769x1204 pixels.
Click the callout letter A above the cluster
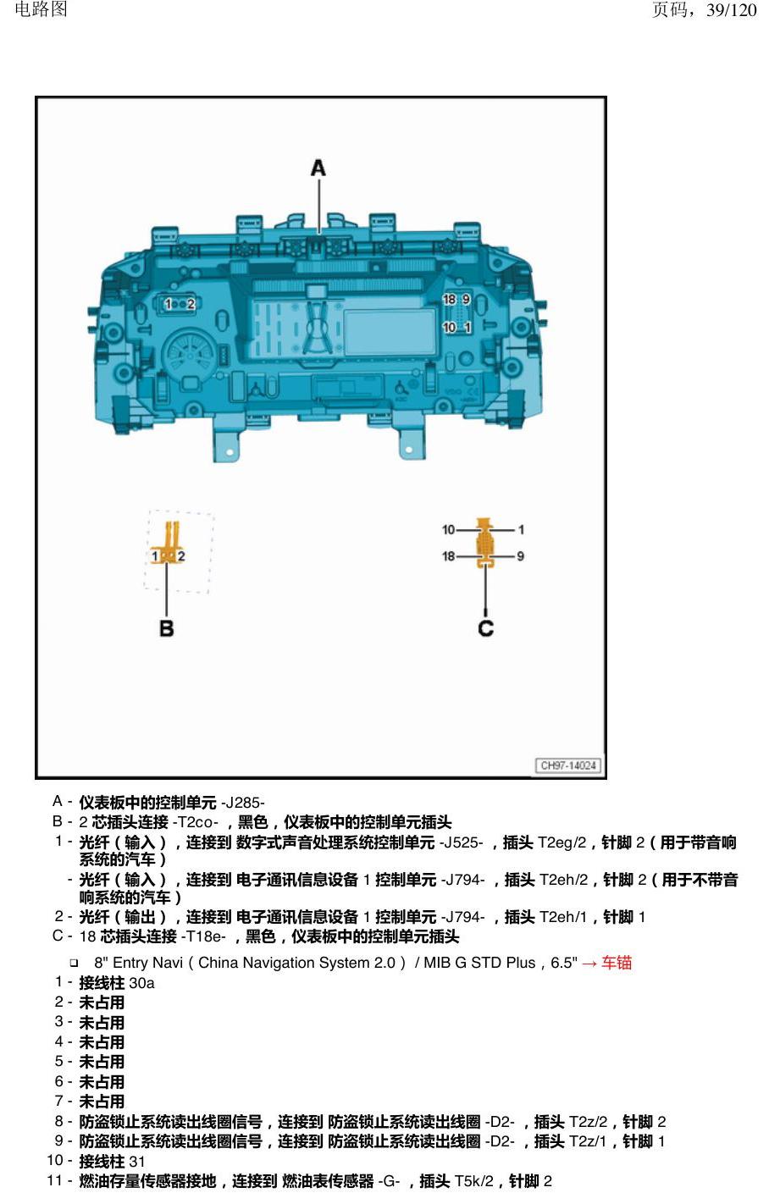[318, 168]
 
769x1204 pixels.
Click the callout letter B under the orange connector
[166, 627]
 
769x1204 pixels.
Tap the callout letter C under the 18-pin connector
[485, 627]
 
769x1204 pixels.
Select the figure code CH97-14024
[568, 765]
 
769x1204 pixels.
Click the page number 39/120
[732, 9]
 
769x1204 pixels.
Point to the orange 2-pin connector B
[169, 543]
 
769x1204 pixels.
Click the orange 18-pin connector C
[485, 543]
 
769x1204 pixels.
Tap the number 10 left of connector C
[448, 530]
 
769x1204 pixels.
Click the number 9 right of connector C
[520, 556]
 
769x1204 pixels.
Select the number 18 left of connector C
[449, 556]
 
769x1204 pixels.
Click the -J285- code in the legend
[242, 803]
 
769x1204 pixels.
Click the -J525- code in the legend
[461, 842]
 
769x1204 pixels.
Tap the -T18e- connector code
[203, 936]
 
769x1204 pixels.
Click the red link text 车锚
[617, 963]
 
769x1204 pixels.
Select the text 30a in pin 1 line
[142, 983]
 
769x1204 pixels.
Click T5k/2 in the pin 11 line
[473, 1181]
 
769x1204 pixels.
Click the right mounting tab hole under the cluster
[409, 449]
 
